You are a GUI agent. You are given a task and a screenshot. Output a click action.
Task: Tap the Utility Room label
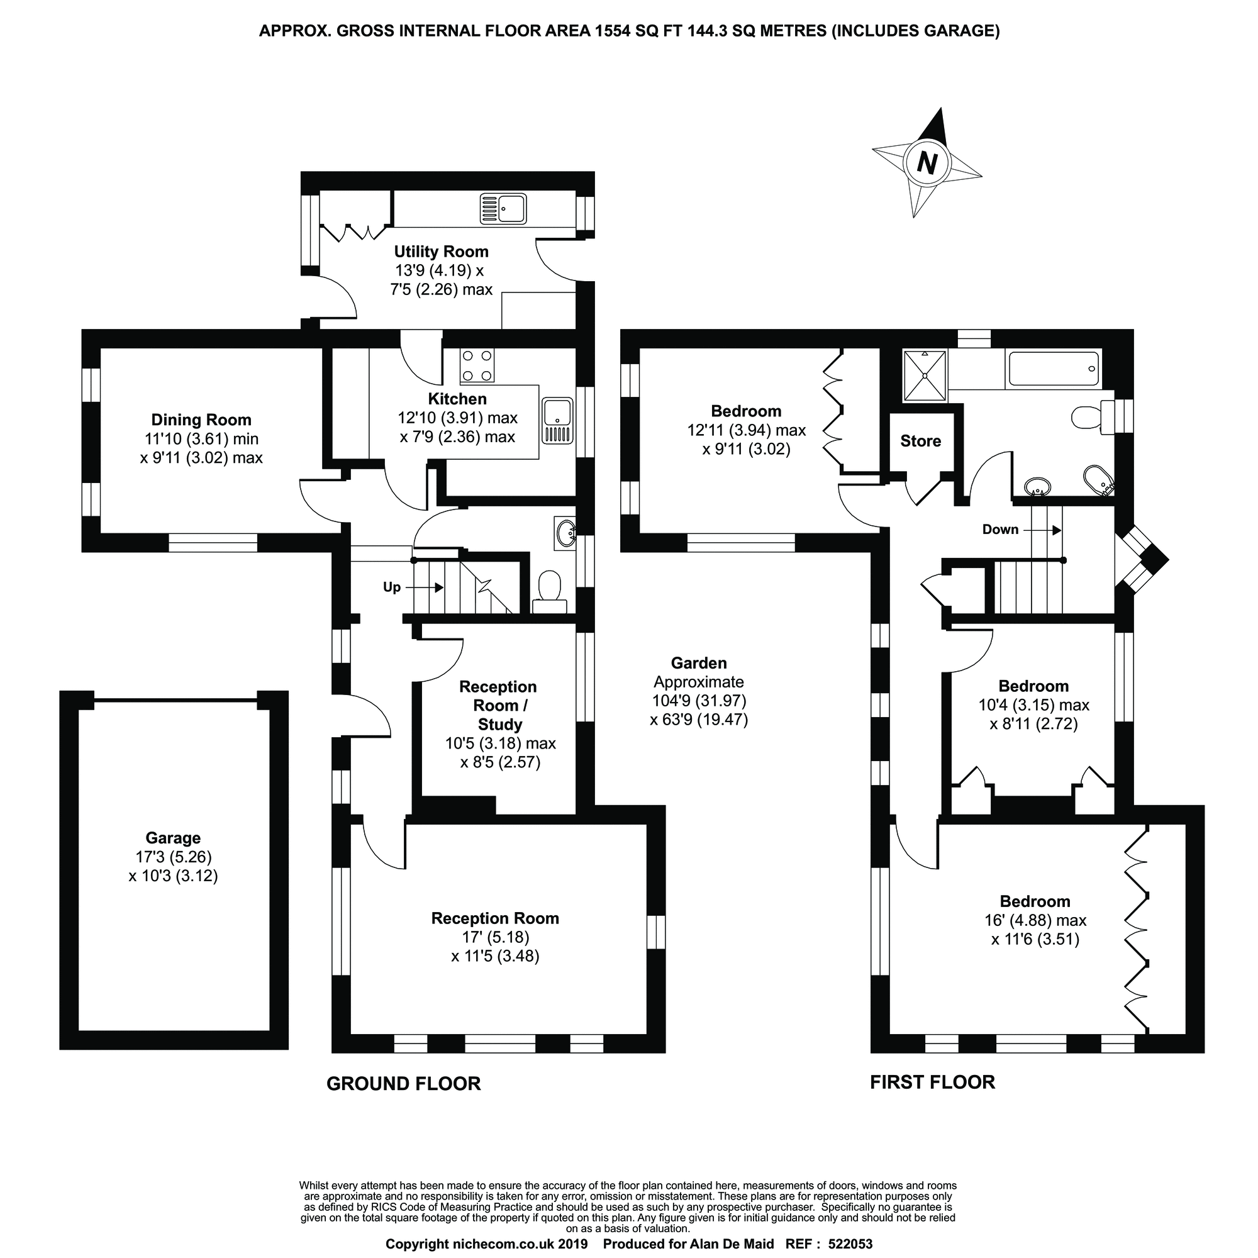[x=441, y=252]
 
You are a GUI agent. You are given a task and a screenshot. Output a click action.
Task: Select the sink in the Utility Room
[x=503, y=209]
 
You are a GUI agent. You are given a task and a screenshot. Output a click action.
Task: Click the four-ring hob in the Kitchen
[x=477, y=365]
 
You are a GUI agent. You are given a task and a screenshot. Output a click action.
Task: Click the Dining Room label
[x=201, y=420]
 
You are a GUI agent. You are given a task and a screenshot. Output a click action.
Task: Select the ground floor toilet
[x=550, y=590]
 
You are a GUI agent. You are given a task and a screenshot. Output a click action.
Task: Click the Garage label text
[x=172, y=838]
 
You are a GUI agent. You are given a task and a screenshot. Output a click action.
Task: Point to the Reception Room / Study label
[x=499, y=705]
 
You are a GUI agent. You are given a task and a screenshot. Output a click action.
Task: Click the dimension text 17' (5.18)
[x=495, y=937]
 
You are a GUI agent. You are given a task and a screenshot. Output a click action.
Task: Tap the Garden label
[x=699, y=663]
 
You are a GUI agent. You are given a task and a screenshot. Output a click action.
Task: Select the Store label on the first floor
[x=920, y=441]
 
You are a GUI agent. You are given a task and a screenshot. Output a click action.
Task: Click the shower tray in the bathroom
[x=924, y=376]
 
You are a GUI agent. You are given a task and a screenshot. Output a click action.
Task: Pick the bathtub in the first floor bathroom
[x=1053, y=369]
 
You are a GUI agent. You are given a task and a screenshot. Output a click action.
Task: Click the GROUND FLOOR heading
[x=403, y=1084]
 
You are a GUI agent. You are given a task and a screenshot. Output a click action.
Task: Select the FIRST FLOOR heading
[x=932, y=1082]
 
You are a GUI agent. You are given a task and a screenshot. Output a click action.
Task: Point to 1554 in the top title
[x=615, y=31]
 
